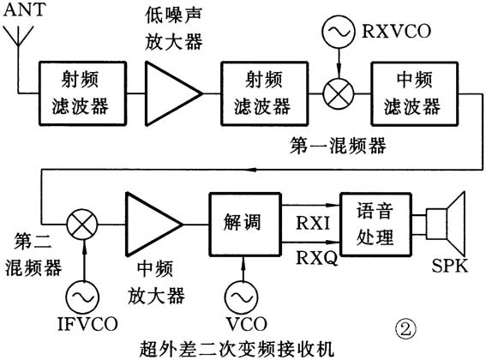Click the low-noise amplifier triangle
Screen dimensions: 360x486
(x=170, y=91)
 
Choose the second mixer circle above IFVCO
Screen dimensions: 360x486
(x=83, y=225)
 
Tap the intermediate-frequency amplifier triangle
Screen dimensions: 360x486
(x=152, y=225)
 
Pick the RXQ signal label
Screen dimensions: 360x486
(x=312, y=255)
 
